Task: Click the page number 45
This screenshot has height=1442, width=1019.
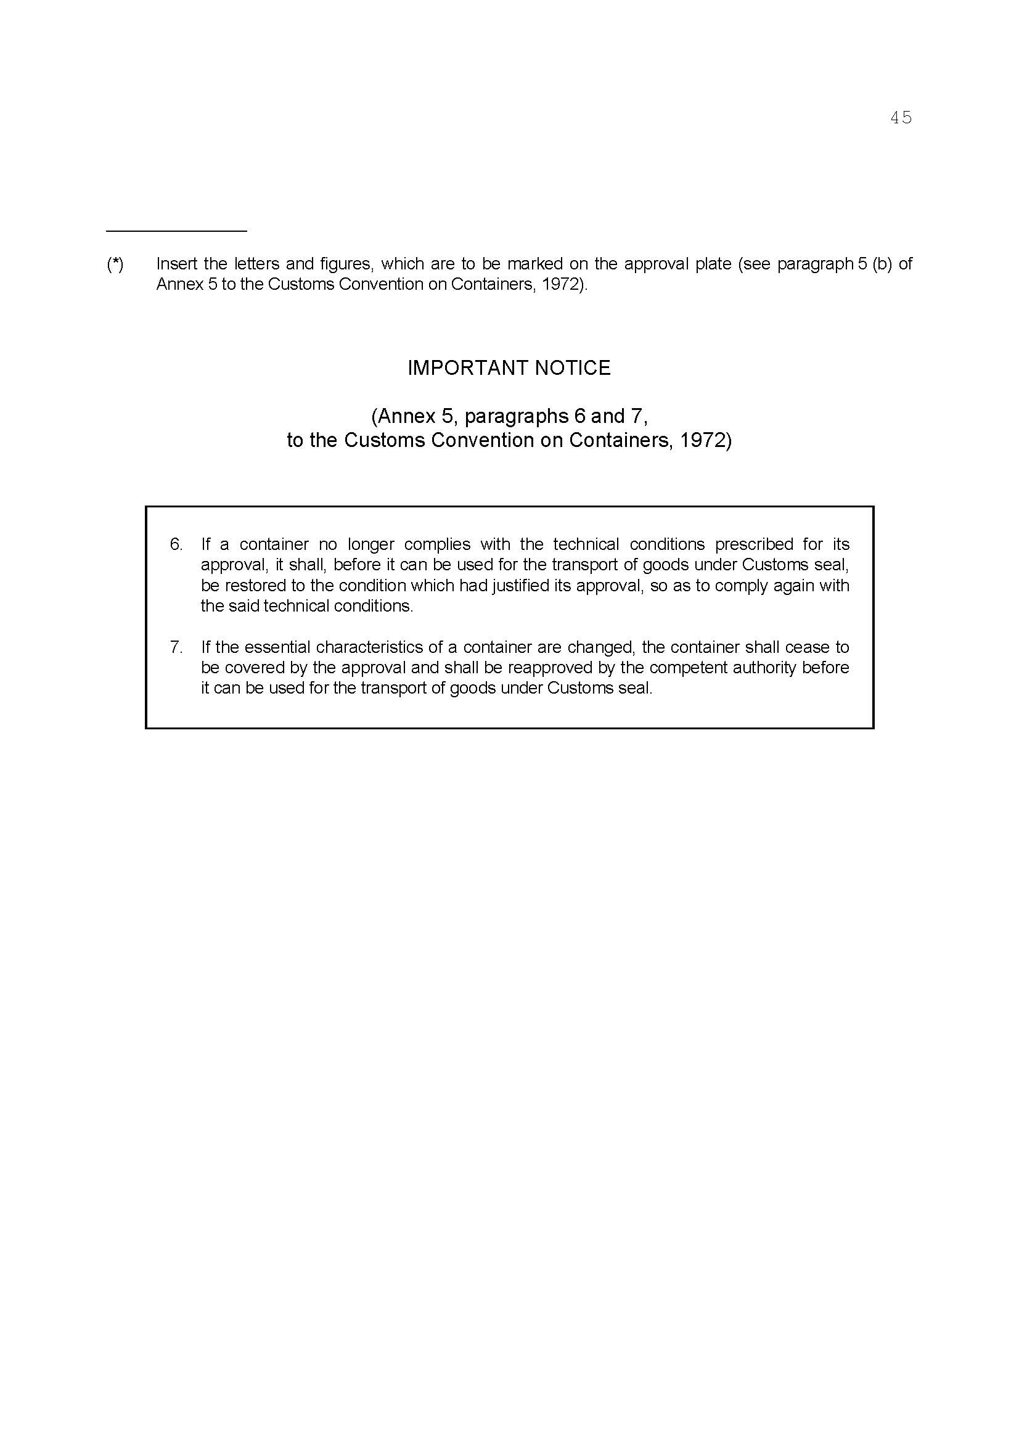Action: click(901, 118)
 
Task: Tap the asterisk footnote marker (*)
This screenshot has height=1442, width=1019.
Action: click(115, 264)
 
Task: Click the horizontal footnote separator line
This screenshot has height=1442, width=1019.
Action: click(176, 231)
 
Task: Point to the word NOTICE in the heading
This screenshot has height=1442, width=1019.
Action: click(572, 368)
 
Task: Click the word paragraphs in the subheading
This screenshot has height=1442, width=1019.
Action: click(516, 416)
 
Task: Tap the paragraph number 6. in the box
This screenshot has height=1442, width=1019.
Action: click(176, 544)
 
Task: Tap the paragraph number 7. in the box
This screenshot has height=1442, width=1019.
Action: click(176, 647)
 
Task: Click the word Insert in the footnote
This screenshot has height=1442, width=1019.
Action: click(176, 264)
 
